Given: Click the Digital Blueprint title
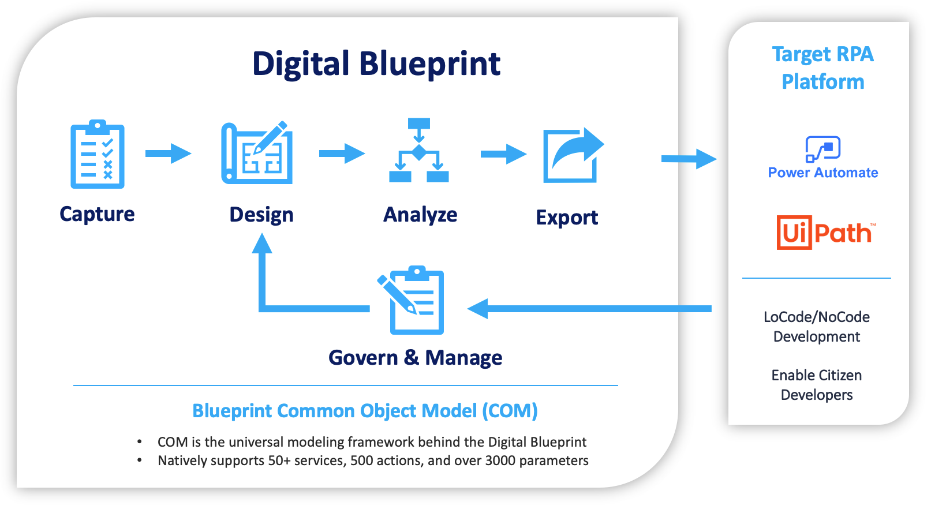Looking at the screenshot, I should tap(376, 64).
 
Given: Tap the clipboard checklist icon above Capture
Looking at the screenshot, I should tap(97, 155).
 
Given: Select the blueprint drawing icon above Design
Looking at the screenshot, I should tap(257, 154).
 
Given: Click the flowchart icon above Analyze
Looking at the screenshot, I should tap(419, 151).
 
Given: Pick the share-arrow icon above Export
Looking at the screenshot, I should tap(572, 155).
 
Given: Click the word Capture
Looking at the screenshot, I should tap(97, 214).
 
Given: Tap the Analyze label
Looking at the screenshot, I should tap(420, 215).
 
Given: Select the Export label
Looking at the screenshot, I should tap(567, 218).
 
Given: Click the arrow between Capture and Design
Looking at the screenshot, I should tap(168, 154).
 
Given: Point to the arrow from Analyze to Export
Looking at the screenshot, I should tap(503, 154).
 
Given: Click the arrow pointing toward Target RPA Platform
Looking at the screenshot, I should tap(688, 159).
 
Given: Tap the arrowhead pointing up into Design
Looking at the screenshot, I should tap(262, 245).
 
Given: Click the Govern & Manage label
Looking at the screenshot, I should tap(415, 358).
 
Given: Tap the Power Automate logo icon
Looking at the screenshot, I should tap(822, 149).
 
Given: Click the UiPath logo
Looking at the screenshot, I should tap(825, 233).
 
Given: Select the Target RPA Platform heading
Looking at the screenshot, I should tap(822, 68).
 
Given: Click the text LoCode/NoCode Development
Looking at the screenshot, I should tap(816, 327).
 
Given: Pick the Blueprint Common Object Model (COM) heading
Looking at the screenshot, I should tap(365, 411).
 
